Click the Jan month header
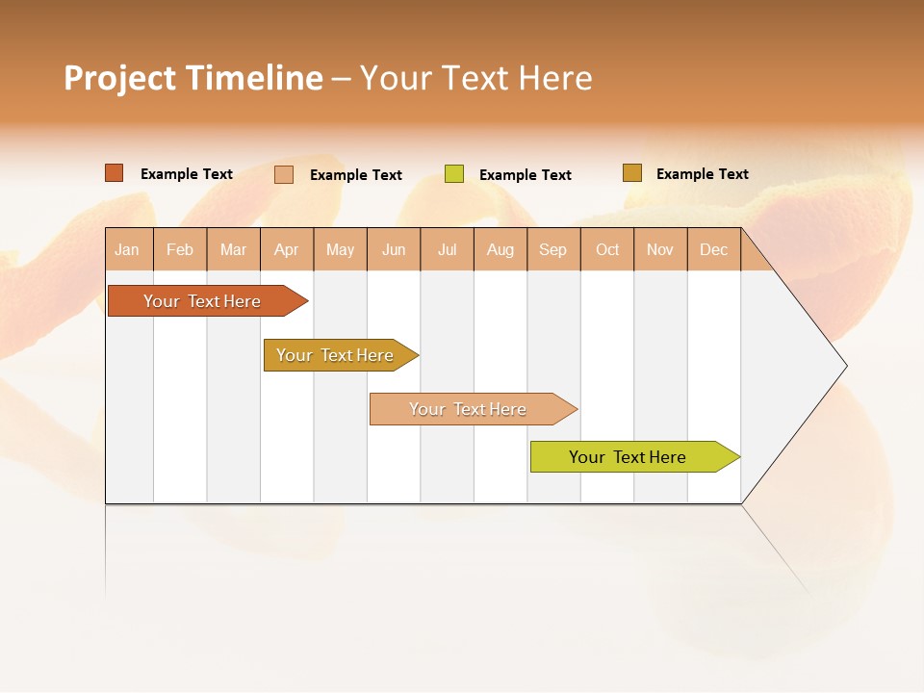(128, 249)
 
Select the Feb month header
(180, 249)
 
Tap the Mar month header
(233, 249)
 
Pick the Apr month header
(287, 249)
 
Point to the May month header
(340, 249)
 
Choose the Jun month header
(394, 249)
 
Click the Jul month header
(447, 249)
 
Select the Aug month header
(500, 249)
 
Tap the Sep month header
(553, 249)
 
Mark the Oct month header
(607, 249)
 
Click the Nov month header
(660, 249)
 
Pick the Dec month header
(714, 249)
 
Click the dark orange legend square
(115, 173)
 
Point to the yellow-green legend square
(454, 174)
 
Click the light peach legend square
(284, 174)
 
